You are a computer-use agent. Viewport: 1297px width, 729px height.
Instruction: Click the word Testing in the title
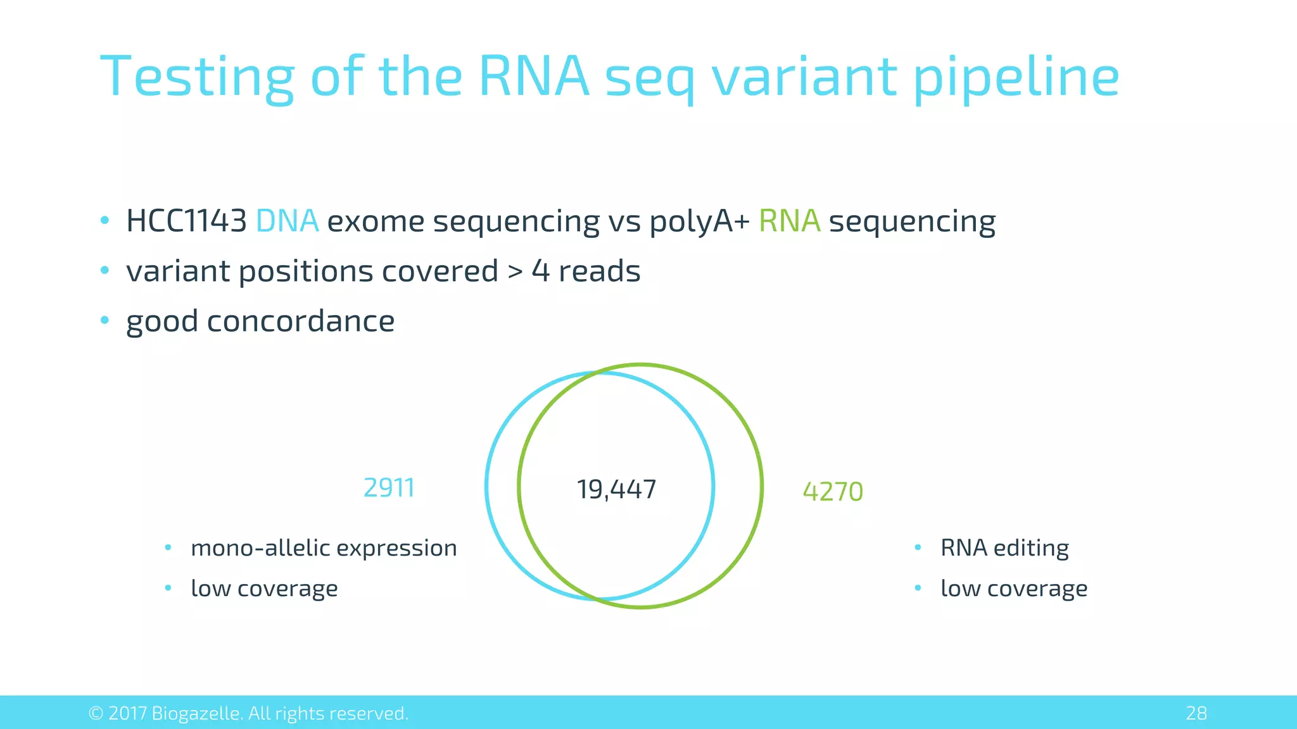197,77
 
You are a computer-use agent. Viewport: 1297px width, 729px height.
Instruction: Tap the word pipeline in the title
1016,77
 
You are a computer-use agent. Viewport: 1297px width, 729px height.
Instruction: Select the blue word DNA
287,221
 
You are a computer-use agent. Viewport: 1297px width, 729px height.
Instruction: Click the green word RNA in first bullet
789,221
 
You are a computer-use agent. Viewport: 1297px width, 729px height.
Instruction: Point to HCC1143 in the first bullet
186,221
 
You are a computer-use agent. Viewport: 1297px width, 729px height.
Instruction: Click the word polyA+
699,222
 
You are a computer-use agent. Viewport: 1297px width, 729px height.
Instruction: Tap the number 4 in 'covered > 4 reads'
540,271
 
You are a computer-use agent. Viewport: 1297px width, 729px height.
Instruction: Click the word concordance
300,321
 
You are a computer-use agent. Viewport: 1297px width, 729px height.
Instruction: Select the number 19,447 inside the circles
616,489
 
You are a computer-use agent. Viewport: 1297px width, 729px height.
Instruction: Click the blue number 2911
389,488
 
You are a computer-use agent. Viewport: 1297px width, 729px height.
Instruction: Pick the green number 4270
833,492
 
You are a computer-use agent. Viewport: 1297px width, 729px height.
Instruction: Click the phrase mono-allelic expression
324,548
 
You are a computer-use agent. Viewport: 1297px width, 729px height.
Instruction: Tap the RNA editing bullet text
1004,548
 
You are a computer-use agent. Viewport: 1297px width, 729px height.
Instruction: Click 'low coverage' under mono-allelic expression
264,589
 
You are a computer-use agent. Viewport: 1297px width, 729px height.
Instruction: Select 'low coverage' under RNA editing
1014,589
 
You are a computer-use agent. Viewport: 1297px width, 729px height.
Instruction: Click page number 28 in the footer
1196,713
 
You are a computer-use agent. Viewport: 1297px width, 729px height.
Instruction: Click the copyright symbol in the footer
96,713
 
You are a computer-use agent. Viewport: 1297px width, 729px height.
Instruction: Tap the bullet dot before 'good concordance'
105,320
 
